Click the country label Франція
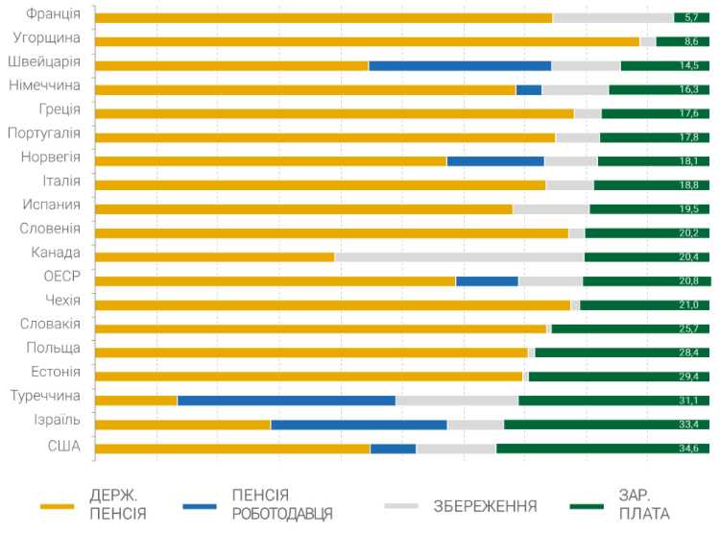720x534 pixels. (x=53, y=13)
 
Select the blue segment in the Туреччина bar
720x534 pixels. (x=286, y=400)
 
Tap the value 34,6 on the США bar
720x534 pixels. (x=694, y=449)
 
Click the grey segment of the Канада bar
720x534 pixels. (x=459, y=257)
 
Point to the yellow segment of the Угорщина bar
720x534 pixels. (x=368, y=41)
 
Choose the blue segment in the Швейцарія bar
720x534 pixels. (x=460, y=65)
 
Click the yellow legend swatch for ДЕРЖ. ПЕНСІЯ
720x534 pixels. (x=57, y=505)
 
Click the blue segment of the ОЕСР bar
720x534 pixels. (x=487, y=281)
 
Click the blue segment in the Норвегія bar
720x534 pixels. (x=495, y=161)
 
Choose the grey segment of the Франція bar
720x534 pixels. (x=612, y=17)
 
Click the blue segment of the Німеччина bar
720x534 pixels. (x=529, y=89)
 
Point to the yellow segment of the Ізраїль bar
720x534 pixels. (x=182, y=425)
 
